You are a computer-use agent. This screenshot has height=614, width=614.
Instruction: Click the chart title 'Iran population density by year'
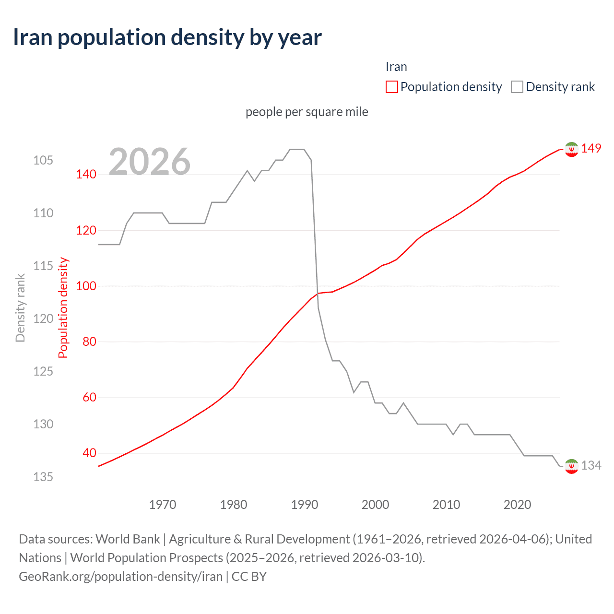167,37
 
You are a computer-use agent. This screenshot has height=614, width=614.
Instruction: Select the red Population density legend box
391,87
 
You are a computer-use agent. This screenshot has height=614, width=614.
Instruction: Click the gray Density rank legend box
517,87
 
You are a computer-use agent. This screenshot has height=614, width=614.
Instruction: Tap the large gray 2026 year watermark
150,162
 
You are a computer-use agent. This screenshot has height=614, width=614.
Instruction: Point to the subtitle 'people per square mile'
307,112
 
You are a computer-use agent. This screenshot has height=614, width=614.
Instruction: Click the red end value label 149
591,149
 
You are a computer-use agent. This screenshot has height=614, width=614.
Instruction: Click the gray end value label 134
591,465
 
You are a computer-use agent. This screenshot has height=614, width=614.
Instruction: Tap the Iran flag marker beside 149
571,150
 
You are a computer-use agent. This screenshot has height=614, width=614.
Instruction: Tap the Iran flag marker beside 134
571,466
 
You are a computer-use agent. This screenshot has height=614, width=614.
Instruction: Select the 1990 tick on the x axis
305,505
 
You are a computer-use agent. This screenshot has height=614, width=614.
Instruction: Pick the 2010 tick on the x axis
446,505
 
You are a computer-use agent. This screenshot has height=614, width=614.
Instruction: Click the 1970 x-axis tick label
163,505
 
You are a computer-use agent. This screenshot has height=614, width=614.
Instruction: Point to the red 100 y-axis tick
86,286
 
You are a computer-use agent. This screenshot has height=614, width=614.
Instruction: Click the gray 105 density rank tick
43,160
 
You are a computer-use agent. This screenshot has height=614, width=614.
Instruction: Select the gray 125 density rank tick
43,371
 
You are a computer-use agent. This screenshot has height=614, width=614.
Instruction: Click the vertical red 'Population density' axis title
63,308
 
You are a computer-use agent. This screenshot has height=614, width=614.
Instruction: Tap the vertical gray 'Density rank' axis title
20,308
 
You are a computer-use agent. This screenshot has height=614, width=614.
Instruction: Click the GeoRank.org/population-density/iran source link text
120,577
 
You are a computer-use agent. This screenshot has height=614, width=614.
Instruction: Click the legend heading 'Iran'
396,67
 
